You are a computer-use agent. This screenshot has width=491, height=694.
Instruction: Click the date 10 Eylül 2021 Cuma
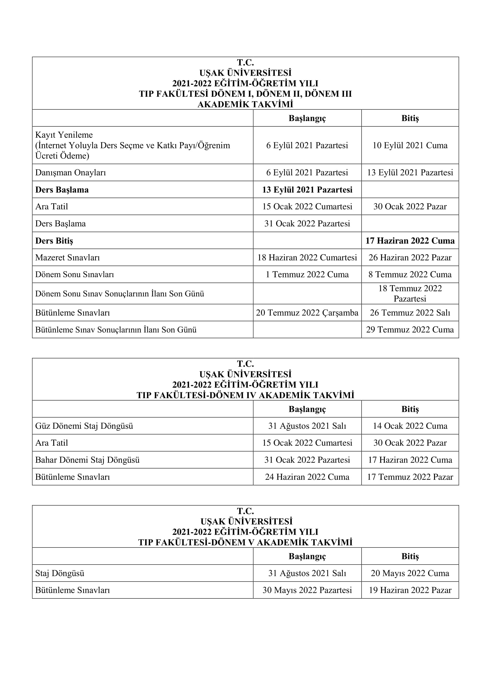tap(410, 145)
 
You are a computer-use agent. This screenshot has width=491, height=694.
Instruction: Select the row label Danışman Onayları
tap(70, 173)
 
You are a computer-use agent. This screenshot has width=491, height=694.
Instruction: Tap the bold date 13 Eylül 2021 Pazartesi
tap(307, 190)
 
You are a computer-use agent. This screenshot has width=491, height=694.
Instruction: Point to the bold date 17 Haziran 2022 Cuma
tap(410, 241)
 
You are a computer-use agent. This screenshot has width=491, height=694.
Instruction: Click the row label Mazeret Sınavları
tap(67, 258)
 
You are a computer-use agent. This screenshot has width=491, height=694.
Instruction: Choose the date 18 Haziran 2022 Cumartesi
tap(307, 258)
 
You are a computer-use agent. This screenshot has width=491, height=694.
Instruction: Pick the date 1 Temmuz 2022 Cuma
tap(307, 274)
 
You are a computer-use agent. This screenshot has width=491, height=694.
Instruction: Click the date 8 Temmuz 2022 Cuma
tap(410, 274)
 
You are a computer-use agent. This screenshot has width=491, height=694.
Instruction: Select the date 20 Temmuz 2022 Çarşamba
tap(307, 312)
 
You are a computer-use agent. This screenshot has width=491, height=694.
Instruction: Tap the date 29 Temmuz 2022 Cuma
tap(410, 329)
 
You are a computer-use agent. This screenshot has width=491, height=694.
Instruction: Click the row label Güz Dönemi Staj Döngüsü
tap(84, 426)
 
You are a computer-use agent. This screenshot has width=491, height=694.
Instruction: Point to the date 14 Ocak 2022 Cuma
tap(410, 426)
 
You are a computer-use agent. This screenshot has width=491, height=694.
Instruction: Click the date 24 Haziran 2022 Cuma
tap(307, 477)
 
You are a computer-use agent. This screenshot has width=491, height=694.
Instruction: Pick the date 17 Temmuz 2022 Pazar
tap(410, 477)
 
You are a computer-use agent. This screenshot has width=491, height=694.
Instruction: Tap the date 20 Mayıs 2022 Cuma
tap(410, 573)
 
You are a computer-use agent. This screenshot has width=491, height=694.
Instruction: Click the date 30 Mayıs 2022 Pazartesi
tap(307, 590)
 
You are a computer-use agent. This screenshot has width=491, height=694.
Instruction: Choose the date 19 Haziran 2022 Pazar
tap(410, 590)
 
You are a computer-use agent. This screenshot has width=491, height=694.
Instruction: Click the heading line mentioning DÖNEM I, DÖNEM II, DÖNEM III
tap(245, 94)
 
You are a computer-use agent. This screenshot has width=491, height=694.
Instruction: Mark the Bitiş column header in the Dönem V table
tap(410, 556)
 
